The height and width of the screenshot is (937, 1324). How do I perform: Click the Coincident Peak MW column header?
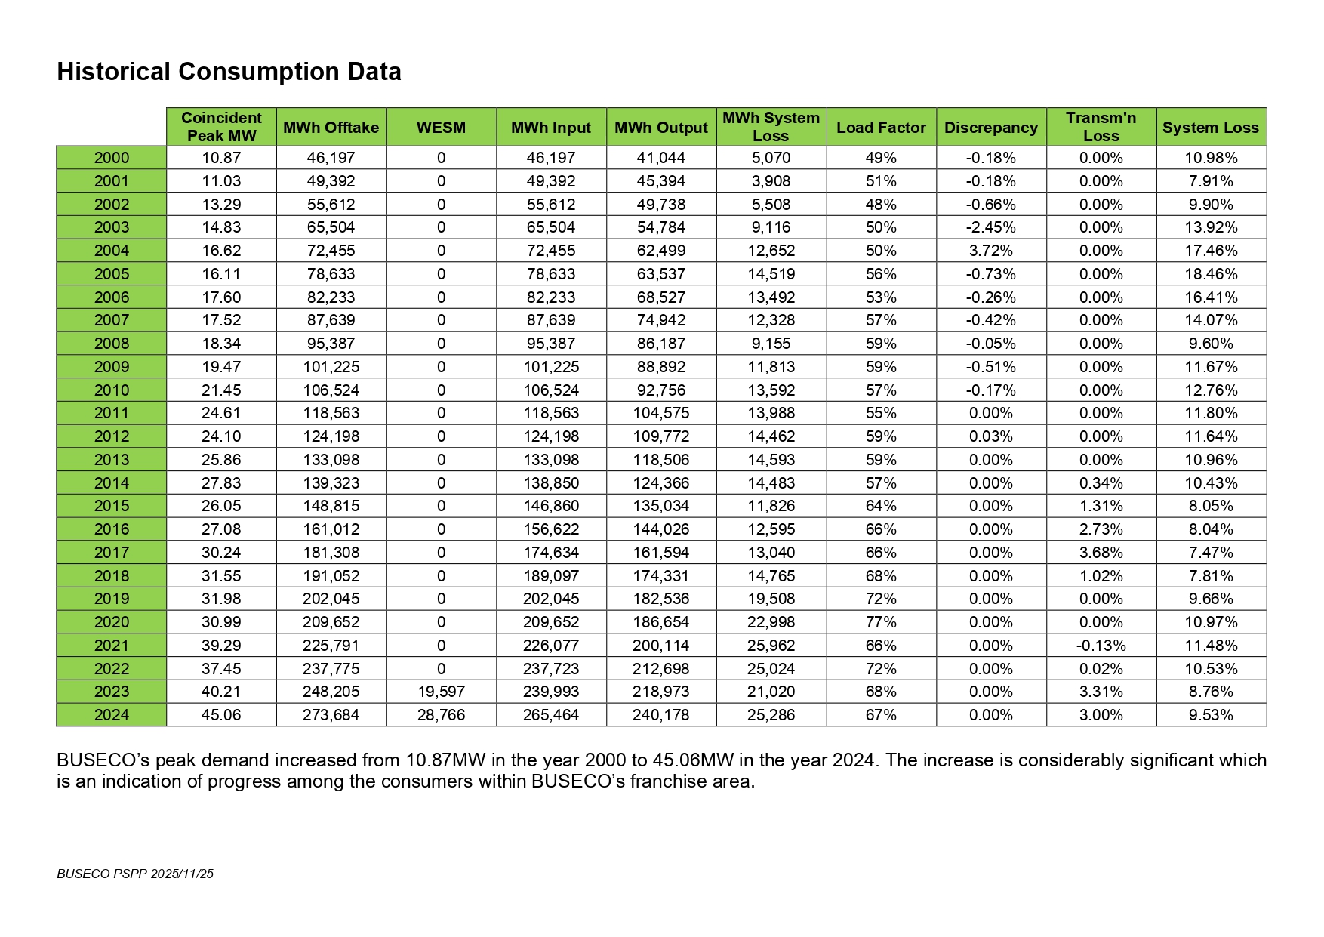point(221,127)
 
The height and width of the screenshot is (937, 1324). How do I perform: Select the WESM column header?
point(441,128)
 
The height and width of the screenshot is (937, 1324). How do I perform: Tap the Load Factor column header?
point(881,128)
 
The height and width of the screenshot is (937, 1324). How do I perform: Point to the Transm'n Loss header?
point(1101,127)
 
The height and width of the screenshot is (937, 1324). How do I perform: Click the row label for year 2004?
point(112,251)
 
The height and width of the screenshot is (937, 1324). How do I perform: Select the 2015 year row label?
point(112,506)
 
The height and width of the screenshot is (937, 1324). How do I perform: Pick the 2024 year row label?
point(112,715)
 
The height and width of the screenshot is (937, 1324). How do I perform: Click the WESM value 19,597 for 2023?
point(441,692)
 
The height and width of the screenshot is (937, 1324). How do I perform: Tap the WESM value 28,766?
point(441,715)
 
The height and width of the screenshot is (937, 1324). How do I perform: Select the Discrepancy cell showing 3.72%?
point(990,251)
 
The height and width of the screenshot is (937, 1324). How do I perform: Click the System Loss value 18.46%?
point(1211,274)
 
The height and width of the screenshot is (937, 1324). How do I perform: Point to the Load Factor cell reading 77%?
point(881,622)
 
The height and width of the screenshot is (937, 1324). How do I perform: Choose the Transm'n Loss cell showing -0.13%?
point(1101,646)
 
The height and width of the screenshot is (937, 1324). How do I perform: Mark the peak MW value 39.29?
point(221,646)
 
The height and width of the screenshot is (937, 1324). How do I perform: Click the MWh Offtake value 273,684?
point(331,715)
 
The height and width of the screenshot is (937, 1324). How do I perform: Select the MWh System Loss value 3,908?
point(771,181)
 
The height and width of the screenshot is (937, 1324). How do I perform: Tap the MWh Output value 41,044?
point(660,158)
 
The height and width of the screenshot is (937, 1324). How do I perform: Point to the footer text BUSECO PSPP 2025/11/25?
point(135,874)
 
